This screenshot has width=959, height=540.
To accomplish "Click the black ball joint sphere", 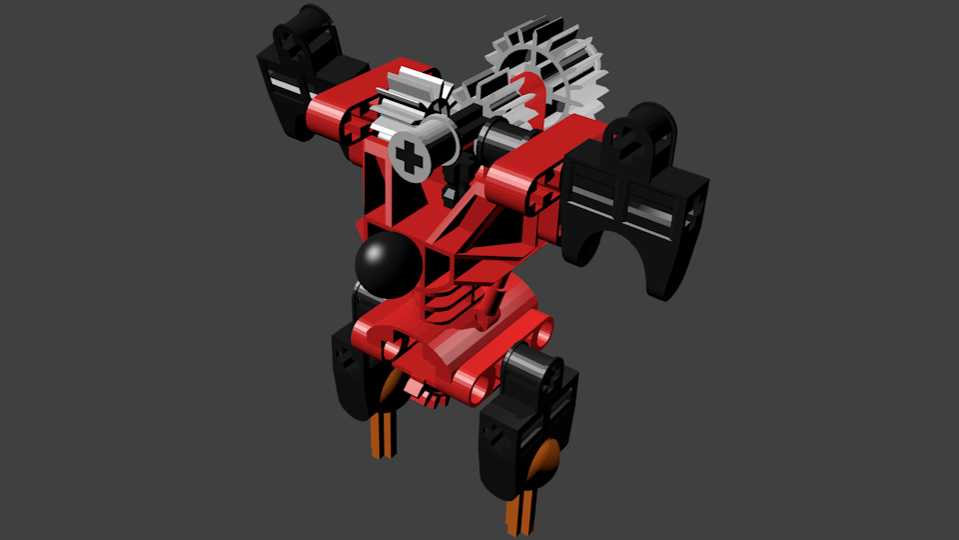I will coord(388,264).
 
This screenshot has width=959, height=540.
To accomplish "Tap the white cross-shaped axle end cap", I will coord(410,155).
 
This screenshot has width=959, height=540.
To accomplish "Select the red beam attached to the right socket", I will coord(519,185).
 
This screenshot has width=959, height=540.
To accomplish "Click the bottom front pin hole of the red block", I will coord(478,384).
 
